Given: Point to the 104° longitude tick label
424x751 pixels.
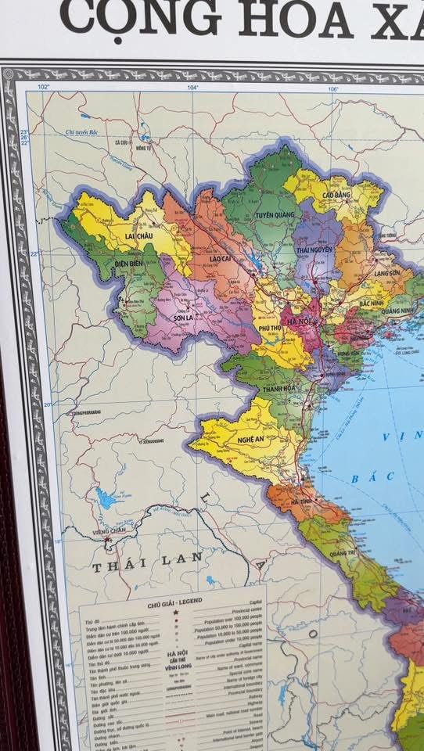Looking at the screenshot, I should (192, 87).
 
